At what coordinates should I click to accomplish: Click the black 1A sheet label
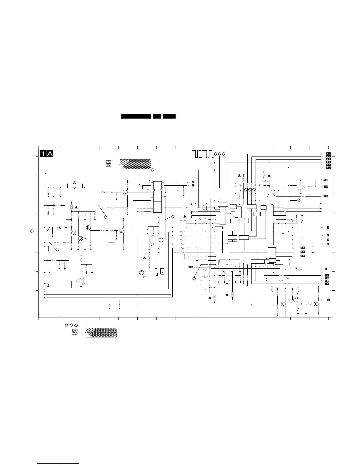(47, 154)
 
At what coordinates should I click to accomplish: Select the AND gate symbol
(300, 187)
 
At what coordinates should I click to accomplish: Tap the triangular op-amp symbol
(80, 281)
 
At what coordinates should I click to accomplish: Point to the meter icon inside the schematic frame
(109, 163)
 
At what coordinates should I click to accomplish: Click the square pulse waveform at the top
(201, 154)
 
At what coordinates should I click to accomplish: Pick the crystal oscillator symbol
(204, 277)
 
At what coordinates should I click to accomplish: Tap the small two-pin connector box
(162, 271)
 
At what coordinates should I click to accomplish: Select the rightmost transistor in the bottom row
(316, 304)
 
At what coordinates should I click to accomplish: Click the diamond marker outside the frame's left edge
(32, 231)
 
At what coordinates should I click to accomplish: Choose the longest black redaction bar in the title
(136, 116)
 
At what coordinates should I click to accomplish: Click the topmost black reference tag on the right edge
(329, 154)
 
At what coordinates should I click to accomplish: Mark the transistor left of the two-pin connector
(142, 272)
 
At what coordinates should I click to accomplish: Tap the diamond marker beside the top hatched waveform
(152, 170)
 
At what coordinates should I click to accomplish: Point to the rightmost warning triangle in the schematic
(269, 176)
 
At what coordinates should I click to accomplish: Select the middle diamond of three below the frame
(71, 325)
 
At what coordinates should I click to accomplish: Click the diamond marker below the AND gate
(299, 200)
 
